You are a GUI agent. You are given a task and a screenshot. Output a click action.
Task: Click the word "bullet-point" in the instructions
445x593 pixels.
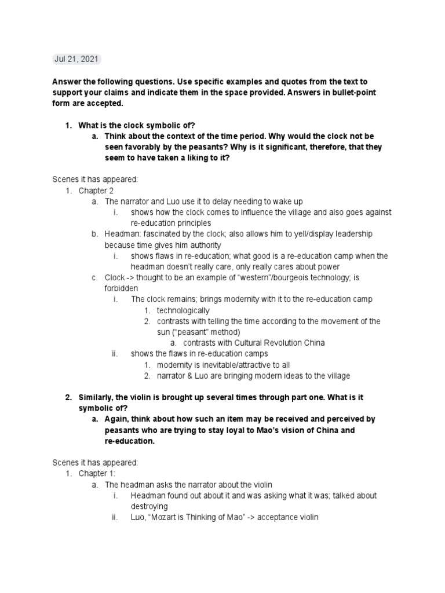pyautogui.click(x=360, y=93)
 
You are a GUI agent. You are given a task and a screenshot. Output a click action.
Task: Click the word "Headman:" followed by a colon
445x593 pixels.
pyautogui.click(x=122, y=234)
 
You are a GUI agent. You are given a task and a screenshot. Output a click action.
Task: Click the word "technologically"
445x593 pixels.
pyautogui.click(x=183, y=310)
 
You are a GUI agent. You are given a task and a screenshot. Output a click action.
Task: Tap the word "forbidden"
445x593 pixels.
pyautogui.click(x=122, y=288)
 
